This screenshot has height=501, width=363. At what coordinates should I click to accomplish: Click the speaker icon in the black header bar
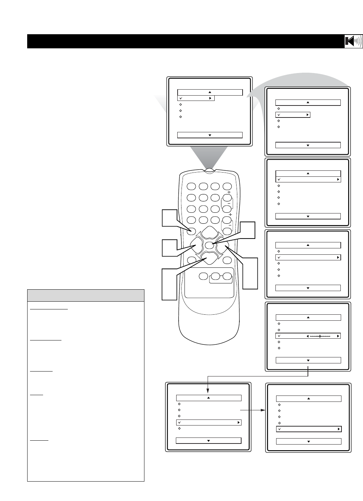pyautogui.click(x=353, y=41)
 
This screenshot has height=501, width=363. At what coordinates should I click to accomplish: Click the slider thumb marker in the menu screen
pyautogui.click(x=320, y=336)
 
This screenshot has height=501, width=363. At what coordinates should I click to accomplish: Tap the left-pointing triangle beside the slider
pyautogui.click(x=308, y=336)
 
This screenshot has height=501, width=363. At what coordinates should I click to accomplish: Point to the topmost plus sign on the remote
pyautogui.click(x=229, y=192)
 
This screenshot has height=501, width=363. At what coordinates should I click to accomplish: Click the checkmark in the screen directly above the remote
pyautogui.click(x=181, y=98)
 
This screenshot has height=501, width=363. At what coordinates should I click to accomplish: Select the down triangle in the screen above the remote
pyautogui.click(x=210, y=135)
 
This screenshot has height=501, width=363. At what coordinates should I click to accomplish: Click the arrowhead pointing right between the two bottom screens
pyautogui.click(x=263, y=410)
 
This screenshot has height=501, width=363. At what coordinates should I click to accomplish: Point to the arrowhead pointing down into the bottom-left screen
pyautogui.click(x=208, y=391)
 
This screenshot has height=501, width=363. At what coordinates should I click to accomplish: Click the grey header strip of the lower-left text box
pyautogui.click(x=86, y=295)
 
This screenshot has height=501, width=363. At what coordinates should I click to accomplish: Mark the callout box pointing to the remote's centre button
pyautogui.click(x=247, y=230)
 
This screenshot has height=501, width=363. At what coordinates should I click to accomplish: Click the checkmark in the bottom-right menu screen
pyautogui.click(x=280, y=429)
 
